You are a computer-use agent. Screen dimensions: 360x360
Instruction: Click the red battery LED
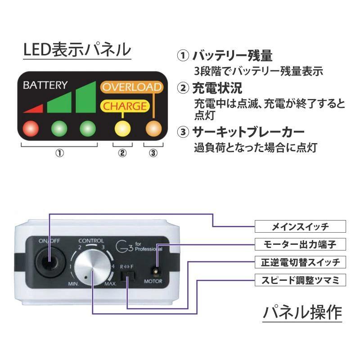(31, 128)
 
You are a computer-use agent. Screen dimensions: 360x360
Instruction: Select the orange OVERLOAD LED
(153, 128)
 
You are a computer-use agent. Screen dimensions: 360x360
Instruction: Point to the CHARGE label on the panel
(126, 107)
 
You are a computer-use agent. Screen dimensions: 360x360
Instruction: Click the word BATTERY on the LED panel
(45, 85)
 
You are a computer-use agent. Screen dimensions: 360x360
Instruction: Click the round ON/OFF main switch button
(48, 261)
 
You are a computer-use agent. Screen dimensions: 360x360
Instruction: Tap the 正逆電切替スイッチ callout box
(301, 262)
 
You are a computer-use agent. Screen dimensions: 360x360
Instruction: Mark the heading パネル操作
(302, 312)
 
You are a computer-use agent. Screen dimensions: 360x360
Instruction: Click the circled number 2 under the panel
(122, 153)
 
